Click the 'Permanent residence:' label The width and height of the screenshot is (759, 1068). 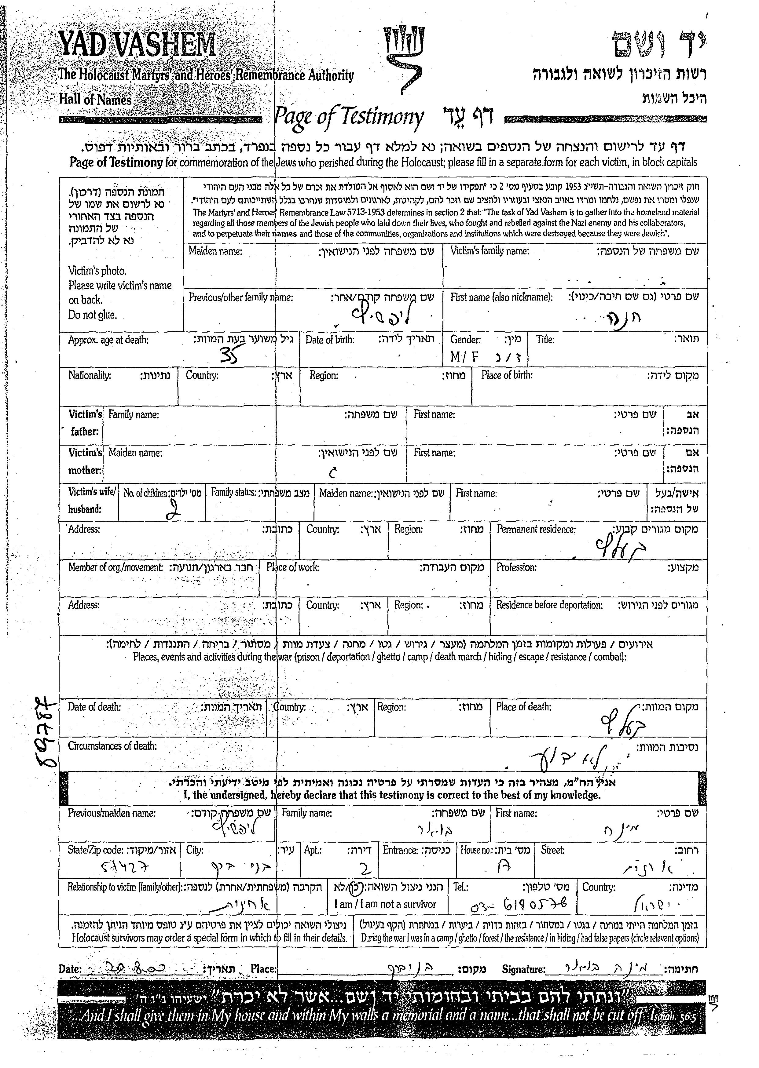[536, 529]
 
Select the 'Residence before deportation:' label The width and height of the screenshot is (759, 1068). [549, 605]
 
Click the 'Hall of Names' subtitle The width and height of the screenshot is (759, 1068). [95, 100]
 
